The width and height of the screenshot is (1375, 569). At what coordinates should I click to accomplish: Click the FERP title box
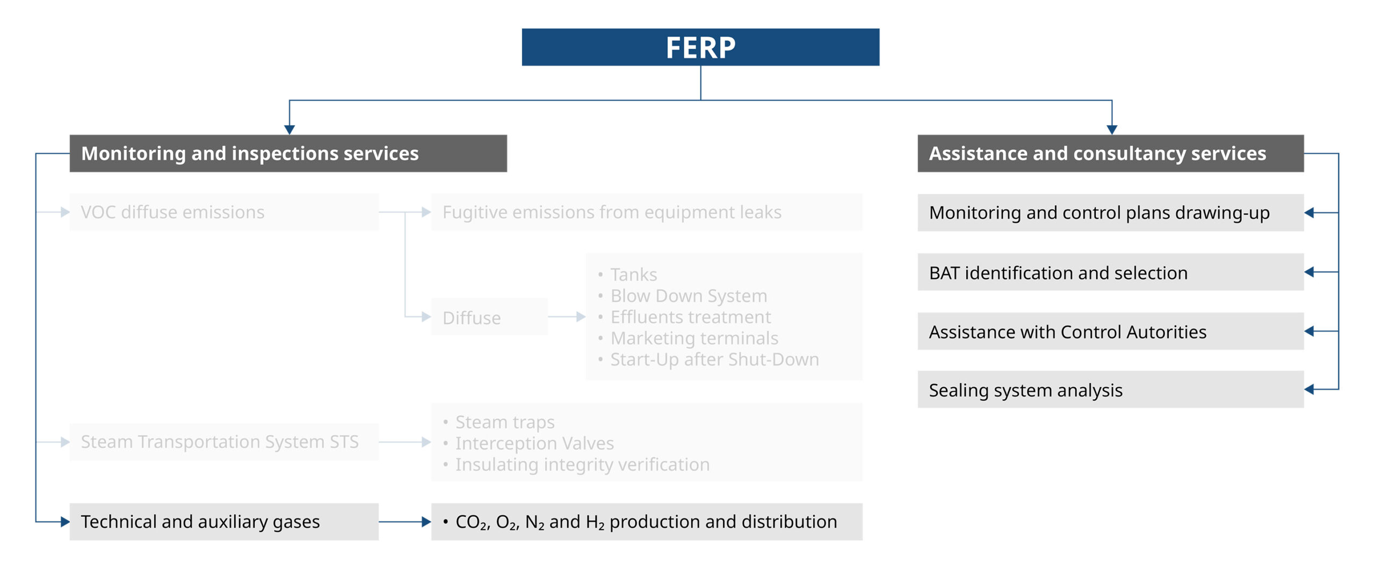[700, 47]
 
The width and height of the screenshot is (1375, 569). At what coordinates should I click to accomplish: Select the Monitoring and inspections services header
[288, 154]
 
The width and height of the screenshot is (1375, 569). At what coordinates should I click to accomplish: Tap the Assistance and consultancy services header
[1110, 154]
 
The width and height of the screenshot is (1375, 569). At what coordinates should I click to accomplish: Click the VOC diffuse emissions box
[224, 212]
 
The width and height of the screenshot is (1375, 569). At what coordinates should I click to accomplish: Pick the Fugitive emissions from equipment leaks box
[646, 212]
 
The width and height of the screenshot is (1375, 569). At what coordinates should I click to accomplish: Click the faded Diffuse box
[489, 317]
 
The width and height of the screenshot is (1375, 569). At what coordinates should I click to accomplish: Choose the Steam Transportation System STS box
[224, 442]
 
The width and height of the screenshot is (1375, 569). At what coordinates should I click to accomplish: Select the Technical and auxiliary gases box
[224, 522]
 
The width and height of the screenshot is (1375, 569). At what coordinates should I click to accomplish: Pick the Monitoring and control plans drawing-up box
[1110, 213]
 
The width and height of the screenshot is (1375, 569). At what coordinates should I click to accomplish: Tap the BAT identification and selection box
[1110, 272]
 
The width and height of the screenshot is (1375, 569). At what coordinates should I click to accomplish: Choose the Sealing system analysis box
[1110, 390]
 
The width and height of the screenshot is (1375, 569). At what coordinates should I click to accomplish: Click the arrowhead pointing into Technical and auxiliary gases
[65, 522]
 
